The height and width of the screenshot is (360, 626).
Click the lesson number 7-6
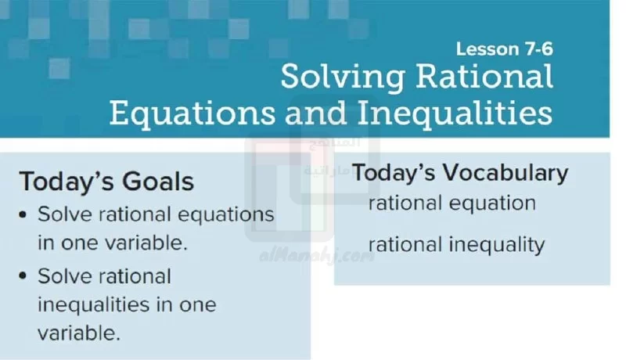[539, 49]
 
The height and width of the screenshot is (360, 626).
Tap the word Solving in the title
[344, 77]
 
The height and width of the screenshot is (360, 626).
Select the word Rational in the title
[484, 76]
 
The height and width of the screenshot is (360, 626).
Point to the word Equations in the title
[192, 113]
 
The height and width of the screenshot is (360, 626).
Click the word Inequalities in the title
[455, 113]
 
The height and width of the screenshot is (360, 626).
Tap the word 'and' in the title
[316, 113]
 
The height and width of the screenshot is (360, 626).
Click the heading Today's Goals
[106, 182]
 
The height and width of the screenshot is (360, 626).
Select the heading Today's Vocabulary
[460, 173]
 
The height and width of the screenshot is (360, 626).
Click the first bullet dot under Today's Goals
[23, 214]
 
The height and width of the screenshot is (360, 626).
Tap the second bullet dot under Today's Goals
[23, 276]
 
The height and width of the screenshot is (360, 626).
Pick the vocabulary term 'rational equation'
[452, 203]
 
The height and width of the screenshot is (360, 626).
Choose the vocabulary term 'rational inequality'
[456, 245]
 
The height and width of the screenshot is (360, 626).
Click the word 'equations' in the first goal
[225, 215]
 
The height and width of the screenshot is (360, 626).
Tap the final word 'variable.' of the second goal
[79, 333]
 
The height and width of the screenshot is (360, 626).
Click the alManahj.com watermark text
[318, 256]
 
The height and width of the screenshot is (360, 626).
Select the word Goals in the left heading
[158, 182]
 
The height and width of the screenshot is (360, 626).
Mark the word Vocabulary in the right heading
[505, 174]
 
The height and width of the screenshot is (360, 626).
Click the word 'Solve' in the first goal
[65, 214]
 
